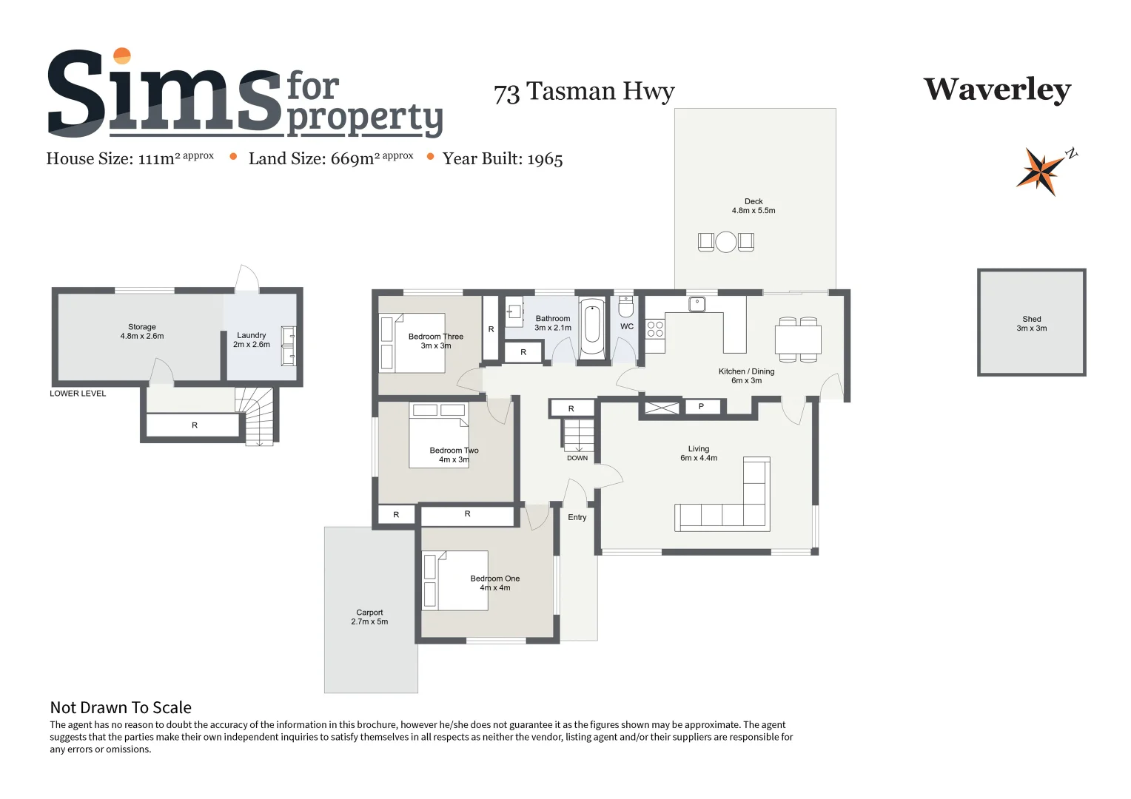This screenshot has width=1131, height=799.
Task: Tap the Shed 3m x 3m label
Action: coord(1031,324)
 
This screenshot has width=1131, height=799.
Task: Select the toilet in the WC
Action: coord(626,306)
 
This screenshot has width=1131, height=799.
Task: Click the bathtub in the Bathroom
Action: coord(592,328)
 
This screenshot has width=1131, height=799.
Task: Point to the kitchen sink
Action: coord(697,304)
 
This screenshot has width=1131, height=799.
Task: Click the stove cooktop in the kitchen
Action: coord(655,329)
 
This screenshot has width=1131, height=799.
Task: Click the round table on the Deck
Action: coord(726,242)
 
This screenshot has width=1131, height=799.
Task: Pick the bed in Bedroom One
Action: coord(455,581)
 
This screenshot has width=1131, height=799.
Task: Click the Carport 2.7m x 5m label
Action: coord(369,617)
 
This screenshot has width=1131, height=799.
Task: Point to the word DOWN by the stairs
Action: coord(577,458)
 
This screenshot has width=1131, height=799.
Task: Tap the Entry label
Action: coord(577,517)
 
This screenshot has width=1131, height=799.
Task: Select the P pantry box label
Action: coord(701,406)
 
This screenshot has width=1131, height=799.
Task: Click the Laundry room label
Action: coord(252,340)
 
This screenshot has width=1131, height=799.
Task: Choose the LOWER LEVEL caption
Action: coord(78,394)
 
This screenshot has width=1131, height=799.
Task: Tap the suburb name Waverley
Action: coord(997,90)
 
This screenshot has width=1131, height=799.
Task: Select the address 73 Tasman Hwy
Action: coord(584,92)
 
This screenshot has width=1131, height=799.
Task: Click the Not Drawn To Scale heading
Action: coord(121,708)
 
